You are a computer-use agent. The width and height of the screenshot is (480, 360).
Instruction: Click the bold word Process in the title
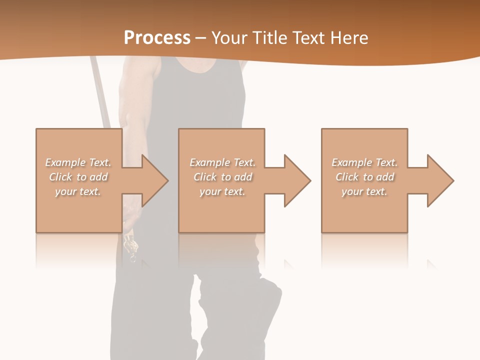point(157,38)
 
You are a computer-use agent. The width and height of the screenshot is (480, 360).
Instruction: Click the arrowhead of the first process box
point(155,180)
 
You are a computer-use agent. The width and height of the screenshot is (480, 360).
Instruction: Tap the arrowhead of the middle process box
point(297,180)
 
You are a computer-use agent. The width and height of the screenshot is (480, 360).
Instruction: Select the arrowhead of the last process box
point(440,180)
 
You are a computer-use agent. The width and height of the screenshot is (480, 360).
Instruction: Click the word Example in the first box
point(65,162)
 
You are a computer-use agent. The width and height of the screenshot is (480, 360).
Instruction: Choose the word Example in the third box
point(351,162)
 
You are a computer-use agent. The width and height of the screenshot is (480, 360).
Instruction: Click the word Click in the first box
point(60,177)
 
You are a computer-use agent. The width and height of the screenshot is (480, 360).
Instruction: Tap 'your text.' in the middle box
point(222,191)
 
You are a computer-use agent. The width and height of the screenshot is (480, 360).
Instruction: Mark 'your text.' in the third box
point(364,191)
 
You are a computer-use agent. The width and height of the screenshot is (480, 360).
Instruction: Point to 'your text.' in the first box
point(78,191)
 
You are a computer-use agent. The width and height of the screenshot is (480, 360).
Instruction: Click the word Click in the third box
point(347,177)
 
